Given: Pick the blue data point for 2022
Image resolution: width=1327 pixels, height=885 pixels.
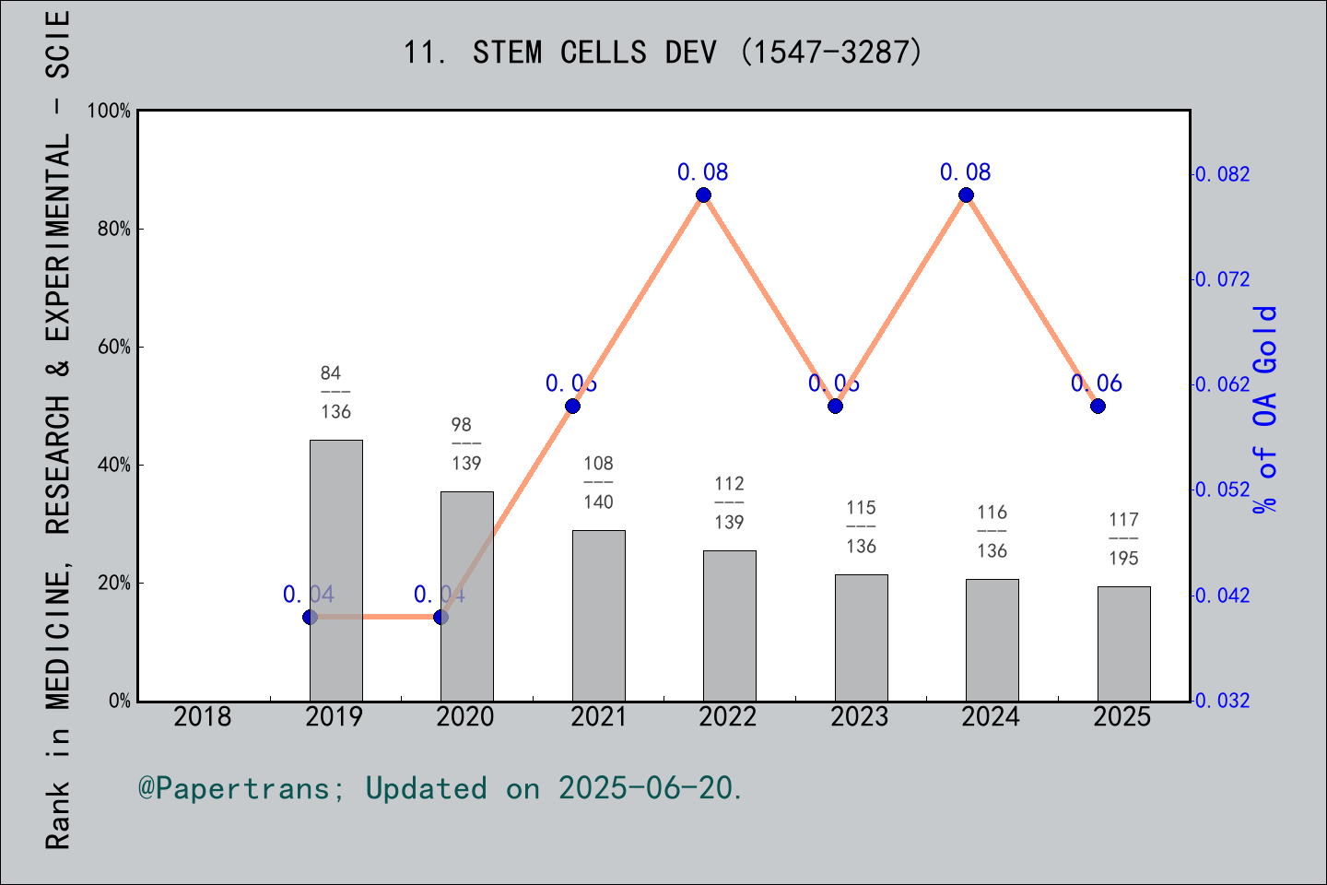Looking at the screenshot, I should (x=703, y=195).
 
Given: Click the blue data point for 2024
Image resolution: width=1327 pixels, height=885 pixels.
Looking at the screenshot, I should (x=966, y=195).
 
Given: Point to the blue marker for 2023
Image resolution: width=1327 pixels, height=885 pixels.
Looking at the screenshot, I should (x=835, y=406).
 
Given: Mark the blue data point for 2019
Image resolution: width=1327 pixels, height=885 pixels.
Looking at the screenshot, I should (x=310, y=617).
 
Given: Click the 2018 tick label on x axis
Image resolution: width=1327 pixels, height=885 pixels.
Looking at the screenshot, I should (x=203, y=717).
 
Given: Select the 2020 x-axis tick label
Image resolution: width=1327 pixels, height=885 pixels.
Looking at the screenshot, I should (x=465, y=717).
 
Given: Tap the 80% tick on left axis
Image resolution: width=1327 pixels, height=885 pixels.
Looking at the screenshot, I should (x=114, y=230).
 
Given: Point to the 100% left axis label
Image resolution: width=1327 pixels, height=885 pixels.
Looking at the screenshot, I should (x=110, y=112).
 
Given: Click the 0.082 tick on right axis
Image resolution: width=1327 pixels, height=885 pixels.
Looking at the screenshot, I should (x=1223, y=174).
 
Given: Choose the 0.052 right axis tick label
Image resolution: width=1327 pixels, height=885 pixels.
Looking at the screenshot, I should (x=1223, y=490).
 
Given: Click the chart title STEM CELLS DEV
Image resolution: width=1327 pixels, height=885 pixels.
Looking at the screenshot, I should (x=663, y=53).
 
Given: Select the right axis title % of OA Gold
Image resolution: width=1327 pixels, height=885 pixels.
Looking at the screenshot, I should (x=1265, y=409).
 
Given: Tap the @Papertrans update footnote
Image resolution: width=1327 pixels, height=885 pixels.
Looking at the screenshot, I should (x=440, y=789).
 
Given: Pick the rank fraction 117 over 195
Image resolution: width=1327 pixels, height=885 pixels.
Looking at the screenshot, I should (x=1123, y=538).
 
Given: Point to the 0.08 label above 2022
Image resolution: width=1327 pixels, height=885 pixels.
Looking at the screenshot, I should (x=703, y=172).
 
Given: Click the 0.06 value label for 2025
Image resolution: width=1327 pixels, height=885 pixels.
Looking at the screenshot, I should (x=1097, y=383).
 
